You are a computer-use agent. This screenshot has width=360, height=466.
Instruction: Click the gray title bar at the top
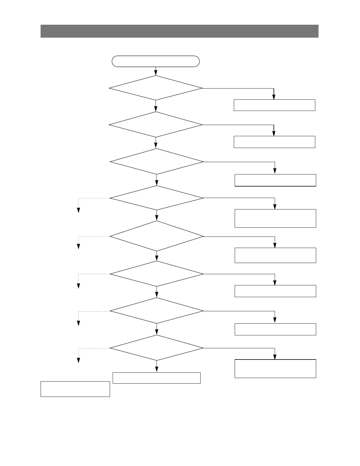point(179,31)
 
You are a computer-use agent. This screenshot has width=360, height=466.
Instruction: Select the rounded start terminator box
point(156,61)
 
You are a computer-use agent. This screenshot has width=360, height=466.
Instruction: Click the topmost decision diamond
point(156,88)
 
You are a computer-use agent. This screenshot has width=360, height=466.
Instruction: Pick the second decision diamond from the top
point(156,124)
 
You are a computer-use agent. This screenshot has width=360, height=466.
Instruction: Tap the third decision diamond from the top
point(156,162)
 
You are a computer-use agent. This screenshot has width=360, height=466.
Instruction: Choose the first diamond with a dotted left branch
point(156,198)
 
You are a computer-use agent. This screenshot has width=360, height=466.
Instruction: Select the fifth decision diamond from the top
point(156,236)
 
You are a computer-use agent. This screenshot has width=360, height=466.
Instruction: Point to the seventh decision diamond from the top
point(156,311)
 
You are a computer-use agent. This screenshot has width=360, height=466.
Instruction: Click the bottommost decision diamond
point(156,348)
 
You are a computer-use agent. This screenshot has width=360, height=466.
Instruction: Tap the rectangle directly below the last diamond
point(156,378)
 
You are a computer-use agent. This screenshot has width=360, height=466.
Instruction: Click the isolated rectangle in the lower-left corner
point(75,389)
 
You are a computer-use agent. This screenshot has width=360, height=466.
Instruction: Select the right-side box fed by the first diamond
point(274,105)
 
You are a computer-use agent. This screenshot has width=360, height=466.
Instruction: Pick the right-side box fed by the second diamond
point(274,142)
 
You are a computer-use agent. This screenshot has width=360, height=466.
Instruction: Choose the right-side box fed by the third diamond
point(275,180)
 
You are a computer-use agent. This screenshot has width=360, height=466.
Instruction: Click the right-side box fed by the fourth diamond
point(275,218)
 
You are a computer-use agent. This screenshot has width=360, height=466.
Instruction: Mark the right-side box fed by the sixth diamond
point(275,291)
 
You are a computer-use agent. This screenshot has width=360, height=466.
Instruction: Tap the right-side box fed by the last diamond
point(275,369)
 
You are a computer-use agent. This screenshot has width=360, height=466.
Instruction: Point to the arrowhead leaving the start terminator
point(156,73)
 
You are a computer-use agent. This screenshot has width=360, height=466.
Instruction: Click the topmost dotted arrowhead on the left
point(79,210)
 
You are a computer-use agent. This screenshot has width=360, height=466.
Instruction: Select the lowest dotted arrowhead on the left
point(79,360)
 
